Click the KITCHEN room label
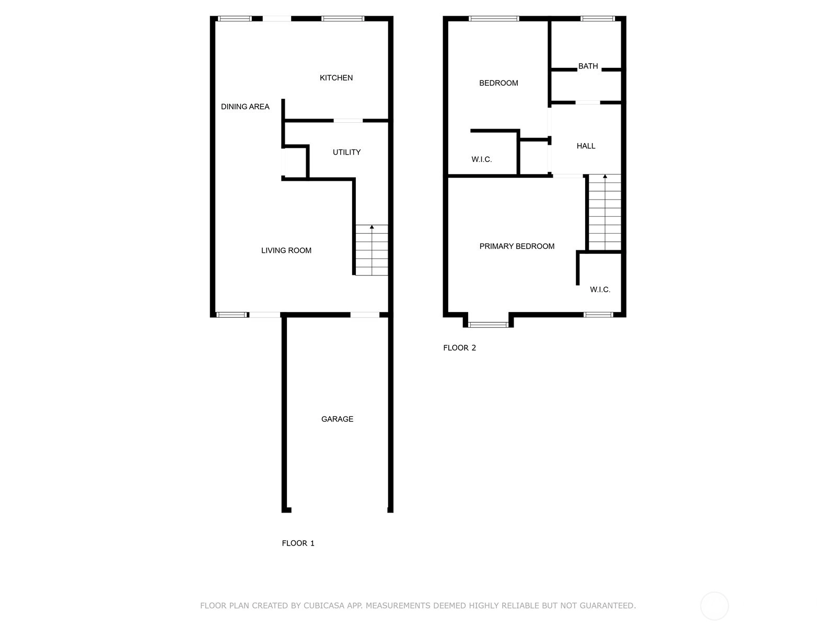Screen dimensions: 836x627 click(x=336, y=78)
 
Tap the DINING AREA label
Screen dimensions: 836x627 click(x=245, y=107)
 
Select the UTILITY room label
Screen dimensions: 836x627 click(x=346, y=152)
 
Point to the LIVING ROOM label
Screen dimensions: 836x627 click(x=286, y=250)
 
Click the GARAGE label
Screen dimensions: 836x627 click(x=337, y=419)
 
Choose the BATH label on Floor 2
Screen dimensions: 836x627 click(x=588, y=66)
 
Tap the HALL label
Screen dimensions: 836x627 click(x=586, y=146)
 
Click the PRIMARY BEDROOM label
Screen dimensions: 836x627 click(x=516, y=246)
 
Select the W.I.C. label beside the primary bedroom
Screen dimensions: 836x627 click(x=600, y=289)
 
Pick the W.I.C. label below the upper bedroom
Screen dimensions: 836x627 click(x=481, y=159)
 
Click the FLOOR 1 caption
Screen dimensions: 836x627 click(x=298, y=543)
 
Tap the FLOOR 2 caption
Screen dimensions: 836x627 click(x=459, y=347)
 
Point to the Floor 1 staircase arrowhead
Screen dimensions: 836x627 click(x=371, y=227)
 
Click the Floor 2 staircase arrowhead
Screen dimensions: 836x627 click(x=605, y=176)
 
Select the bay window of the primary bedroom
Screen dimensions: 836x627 click(x=488, y=324)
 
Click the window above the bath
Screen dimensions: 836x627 click(x=598, y=18)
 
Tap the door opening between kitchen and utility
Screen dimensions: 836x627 click(x=348, y=121)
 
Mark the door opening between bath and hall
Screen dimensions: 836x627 click(x=588, y=102)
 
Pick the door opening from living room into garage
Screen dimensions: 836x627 click(x=365, y=315)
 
